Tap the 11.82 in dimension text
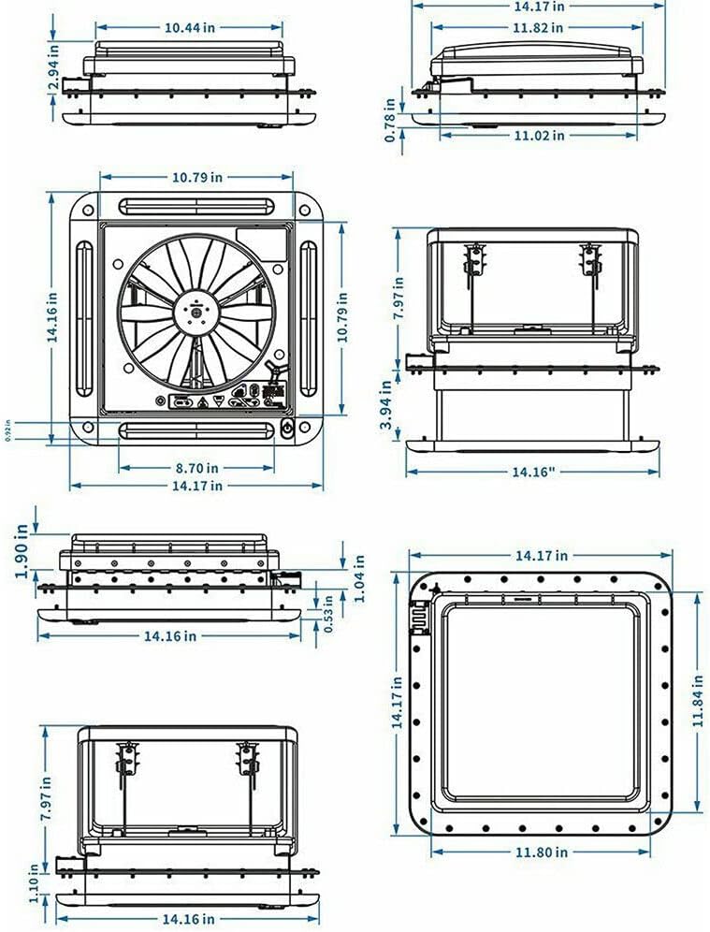[538, 27]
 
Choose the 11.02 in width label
[538, 136]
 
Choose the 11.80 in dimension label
[541, 852]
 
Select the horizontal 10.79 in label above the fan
[197, 176]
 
